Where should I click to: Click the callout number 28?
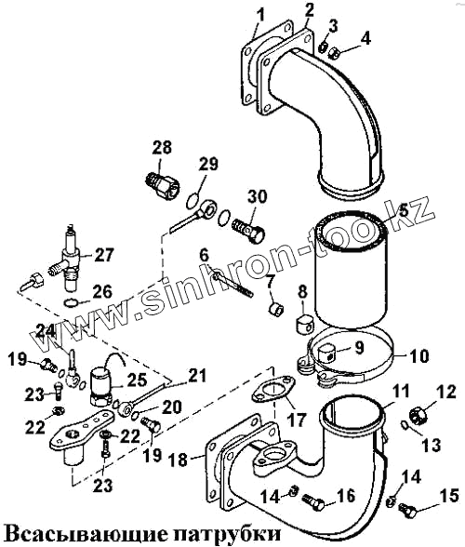click(x=162, y=148)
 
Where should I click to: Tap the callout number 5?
click(x=404, y=210)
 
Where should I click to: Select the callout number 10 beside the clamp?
click(x=418, y=356)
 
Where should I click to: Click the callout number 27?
click(x=103, y=255)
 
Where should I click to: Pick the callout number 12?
click(x=445, y=392)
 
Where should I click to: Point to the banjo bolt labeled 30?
click(x=248, y=232)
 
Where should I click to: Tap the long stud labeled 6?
click(x=233, y=285)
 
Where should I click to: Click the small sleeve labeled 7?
click(x=277, y=309)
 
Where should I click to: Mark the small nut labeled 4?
click(x=337, y=53)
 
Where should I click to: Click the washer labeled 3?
click(x=324, y=47)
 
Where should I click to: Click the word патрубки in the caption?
click(x=227, y=533)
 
